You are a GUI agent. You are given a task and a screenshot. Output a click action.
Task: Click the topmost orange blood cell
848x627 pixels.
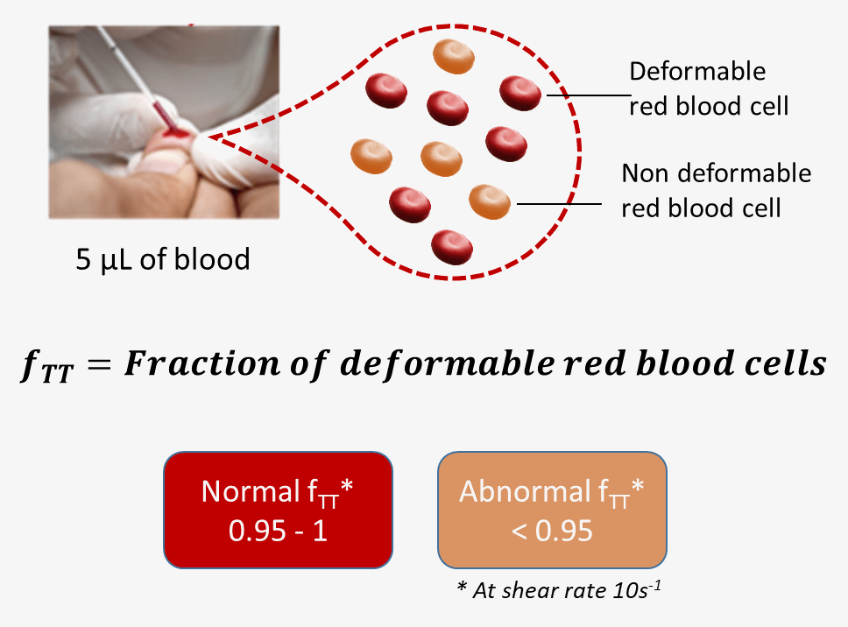pyautogui.click(x=454, y=56)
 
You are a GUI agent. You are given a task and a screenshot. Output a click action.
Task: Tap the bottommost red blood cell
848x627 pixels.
pyautogui.click(x=452, y=247)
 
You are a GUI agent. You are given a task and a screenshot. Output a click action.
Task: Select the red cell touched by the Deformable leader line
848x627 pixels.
pyautogui.click(x=520, y=93)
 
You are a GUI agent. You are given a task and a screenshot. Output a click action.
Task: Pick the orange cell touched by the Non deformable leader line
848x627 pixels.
pyautogui.click(x=490, y=201)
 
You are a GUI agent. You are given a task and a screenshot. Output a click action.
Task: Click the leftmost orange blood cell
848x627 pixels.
pyautogui.click(x=371, y=156)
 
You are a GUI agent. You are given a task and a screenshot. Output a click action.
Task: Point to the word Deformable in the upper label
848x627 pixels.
pyautogui.click(x=697, y=71)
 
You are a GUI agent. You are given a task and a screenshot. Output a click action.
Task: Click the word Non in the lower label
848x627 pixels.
pyautogui.click(x=646, y=173)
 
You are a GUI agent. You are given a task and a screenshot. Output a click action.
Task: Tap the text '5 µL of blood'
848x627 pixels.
pyautogui.click(x=163, y=259)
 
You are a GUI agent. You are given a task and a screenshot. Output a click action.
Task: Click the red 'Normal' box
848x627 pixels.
pyautogui.click(x=278, y=510)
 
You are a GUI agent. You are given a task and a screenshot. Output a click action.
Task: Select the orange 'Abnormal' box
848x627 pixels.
pyautogui.click(x=552, y=510)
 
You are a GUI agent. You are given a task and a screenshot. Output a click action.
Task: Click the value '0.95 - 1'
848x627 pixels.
pyautogui.click(x=278, y=531)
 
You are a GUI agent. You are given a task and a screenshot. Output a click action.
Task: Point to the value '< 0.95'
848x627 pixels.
pyautogui.click(x=552, y=531)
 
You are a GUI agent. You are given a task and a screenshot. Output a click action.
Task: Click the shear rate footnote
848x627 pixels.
pyautogui.click(x=559, y=589)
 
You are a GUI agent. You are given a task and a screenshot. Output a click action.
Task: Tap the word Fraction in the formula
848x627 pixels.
pyautogui.click(x=202, y=363)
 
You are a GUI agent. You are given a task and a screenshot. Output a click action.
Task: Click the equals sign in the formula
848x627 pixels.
pyautogui.click(x=100, y=363)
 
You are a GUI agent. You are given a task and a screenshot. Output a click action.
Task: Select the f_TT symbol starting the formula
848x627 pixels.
pyautogui.click(x=47, y=366)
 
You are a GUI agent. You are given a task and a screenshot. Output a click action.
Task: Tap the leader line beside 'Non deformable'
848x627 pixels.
pyautogui.click(x=559, y=204)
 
